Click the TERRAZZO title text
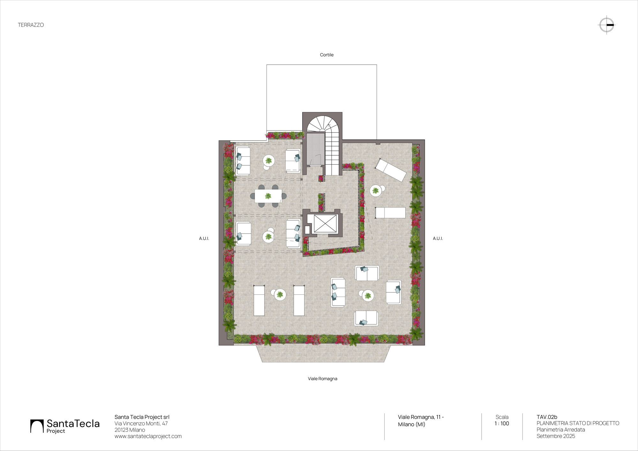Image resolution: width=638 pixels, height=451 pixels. coord(31,25)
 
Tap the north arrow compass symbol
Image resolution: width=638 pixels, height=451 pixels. coord(606,25)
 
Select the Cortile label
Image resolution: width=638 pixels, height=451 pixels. coord(327,55)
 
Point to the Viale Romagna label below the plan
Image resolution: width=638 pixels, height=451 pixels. coord(322,379)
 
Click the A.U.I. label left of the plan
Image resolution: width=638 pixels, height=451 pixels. coord(204,238)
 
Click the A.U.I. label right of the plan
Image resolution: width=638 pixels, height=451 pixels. coord(438,238)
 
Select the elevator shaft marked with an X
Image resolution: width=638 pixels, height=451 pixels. coord(325,224)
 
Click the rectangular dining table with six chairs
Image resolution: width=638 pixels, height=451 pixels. coord(268,196)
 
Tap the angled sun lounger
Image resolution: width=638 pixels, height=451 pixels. coord(391,170)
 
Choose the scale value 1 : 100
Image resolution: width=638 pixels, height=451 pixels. coord(502,424)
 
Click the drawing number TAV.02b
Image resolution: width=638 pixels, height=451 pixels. coord(547,417)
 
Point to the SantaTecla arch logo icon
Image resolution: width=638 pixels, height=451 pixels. coord(37,426)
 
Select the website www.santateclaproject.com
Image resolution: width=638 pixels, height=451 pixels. coord(148,436)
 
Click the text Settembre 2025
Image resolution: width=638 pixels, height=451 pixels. coord(556,436)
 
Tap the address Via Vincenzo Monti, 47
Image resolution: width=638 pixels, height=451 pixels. coord(141,423)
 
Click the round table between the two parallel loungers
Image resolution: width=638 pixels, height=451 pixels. coord(280,295)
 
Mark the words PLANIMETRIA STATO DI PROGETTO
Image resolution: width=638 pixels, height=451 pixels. coord(578,423)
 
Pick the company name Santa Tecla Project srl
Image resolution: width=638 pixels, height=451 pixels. coord(142,417)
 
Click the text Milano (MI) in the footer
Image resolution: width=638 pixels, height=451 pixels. coord(411,424)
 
